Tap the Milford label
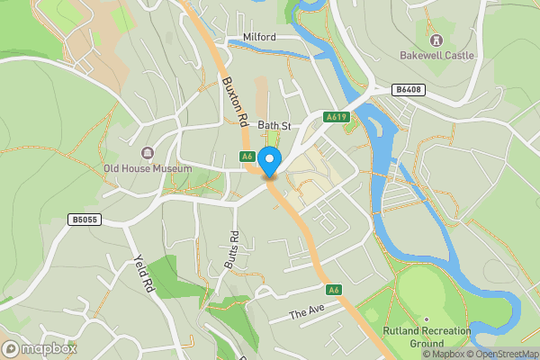coord(260,38)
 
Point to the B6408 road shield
coord(407,89)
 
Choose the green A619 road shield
coord(337,117)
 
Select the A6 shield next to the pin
coord(247,157)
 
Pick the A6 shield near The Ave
coord(334,289)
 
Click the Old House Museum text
coord(148,168)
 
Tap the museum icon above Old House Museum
coord(148,153)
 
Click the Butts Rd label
coord(230,248)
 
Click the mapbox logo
coord(40,348)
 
